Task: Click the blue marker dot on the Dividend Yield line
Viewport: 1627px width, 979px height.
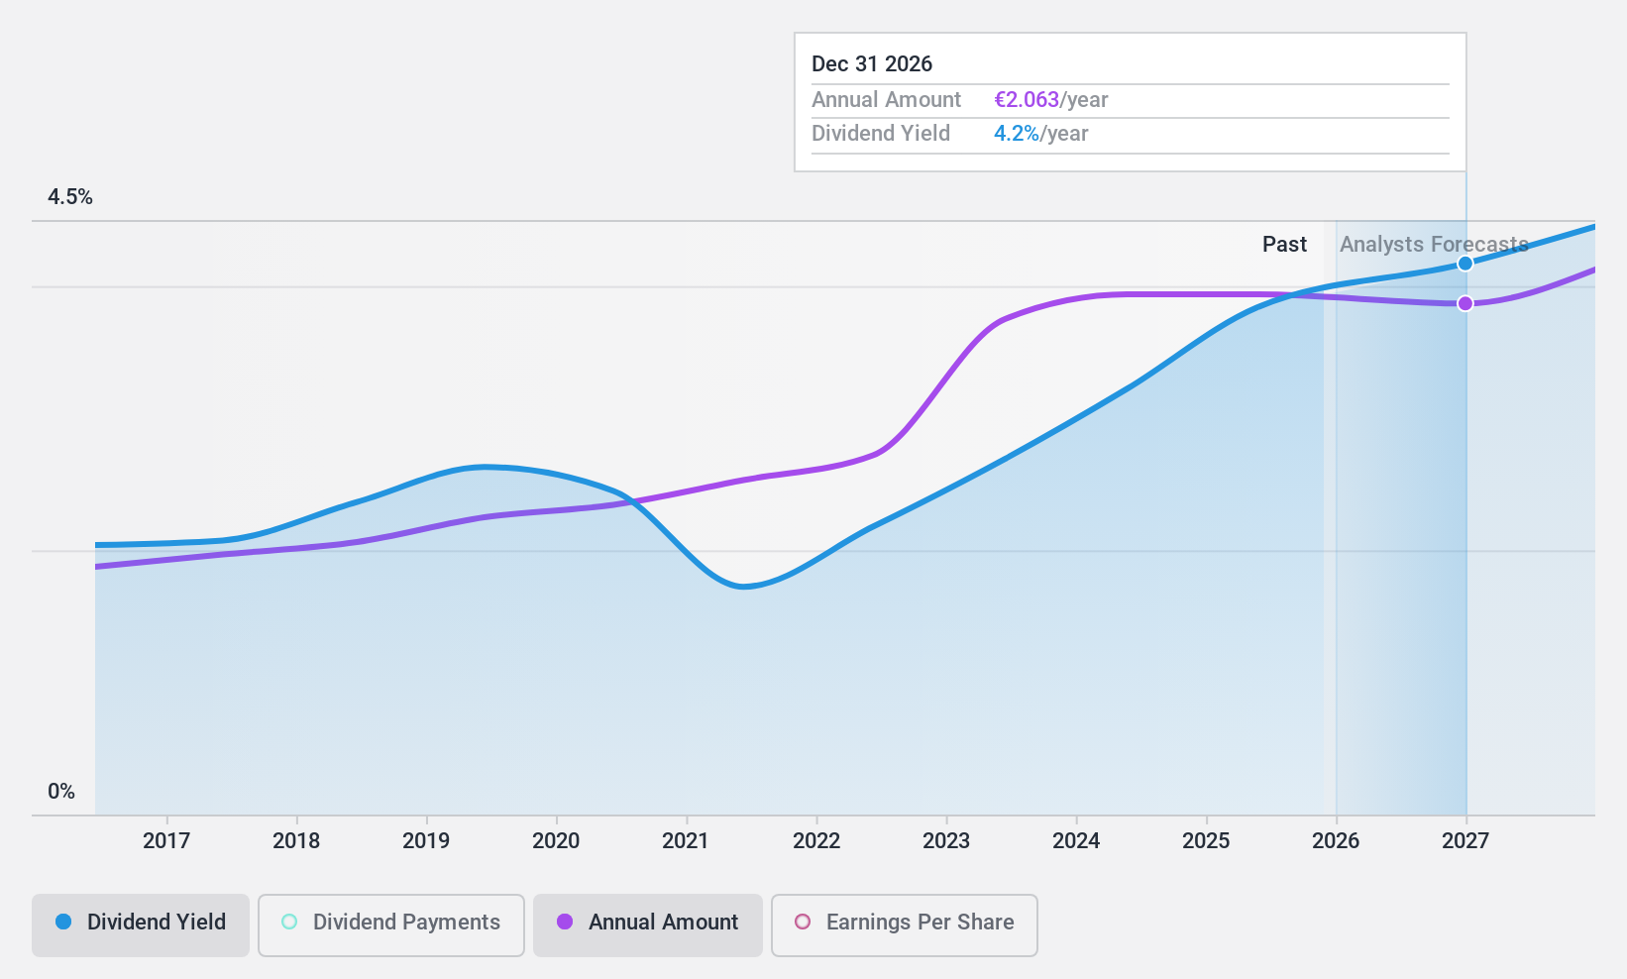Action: click(x=1464, y=264)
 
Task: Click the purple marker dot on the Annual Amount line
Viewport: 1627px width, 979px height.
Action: click(x=1464, y=303)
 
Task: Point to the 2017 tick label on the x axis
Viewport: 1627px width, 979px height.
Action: click(x=166, y=841)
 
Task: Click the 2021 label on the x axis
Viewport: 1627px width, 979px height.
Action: click(x=686, y=841)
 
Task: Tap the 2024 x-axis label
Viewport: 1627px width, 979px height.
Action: click(x=1076, y=841)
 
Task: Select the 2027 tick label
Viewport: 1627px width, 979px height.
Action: click(x=1465, y=841)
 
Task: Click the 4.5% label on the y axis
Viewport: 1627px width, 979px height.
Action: click(x=70, y=197)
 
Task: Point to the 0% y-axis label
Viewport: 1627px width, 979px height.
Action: click(x=61, y=792)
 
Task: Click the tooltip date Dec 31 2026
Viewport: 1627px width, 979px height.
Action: click(x=872, y=64)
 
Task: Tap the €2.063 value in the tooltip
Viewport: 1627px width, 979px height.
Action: click(x=1027, y=100)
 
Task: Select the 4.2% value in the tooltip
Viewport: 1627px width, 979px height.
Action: click(x=1017, y=134)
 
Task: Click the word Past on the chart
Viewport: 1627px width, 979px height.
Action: click(x=1284, y=245)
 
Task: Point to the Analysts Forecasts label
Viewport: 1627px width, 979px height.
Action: click(x=1434, y=245)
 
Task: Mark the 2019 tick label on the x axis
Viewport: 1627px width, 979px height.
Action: click(x=426, y=841)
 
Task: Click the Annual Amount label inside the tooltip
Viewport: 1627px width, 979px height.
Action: click(x=886, y=100)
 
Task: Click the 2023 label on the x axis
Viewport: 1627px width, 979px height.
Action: click(x=946, y=841)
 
